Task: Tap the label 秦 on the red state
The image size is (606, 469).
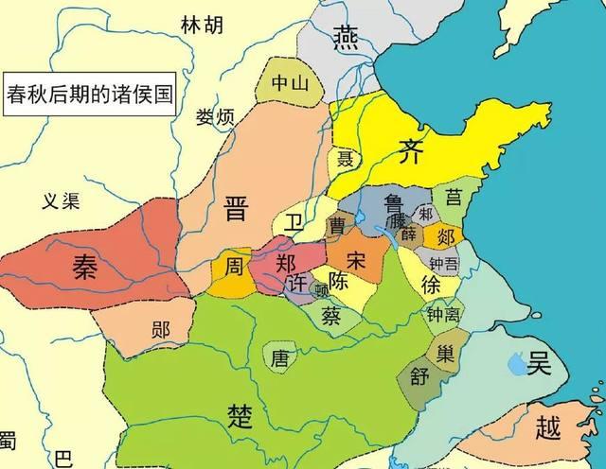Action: (84, 268)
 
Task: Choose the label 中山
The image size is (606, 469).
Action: (290, 83)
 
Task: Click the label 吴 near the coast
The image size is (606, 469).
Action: (541, 362)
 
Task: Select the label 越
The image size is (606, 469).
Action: (548, 427)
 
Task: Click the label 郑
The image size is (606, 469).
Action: (284, 264)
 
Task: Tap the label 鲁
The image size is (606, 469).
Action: (394, 203)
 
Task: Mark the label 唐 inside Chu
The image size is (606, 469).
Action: (279, 358)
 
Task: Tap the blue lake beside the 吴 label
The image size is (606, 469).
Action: (516, 361)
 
